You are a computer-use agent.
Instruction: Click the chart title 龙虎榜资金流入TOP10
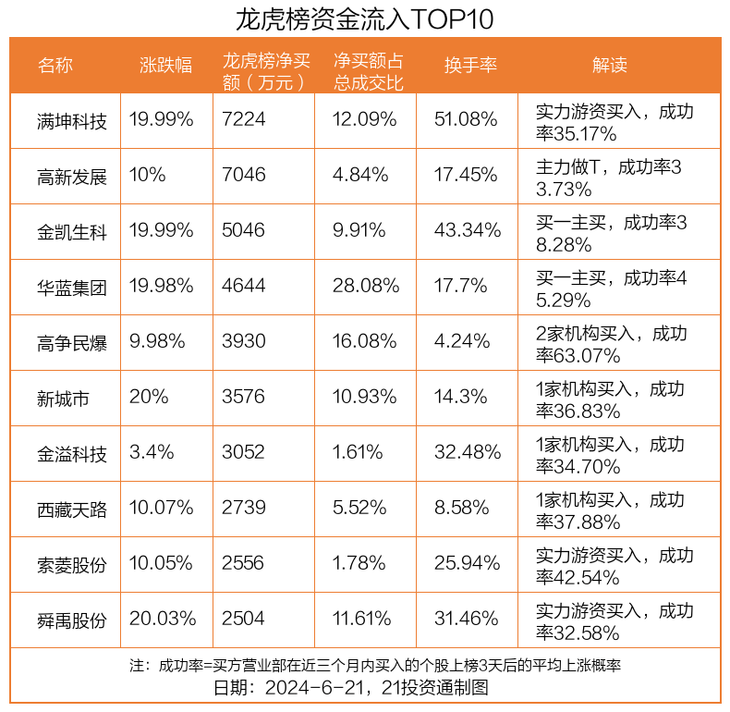click(364, 18)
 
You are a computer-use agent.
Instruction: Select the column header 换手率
click(470, 65)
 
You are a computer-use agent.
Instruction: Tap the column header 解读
click(609, 65)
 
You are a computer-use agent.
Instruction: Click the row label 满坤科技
click(72, 120)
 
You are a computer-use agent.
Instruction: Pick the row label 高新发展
click(72, 176)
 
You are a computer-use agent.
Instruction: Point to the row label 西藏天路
click(72, 509)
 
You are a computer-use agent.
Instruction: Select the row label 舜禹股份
click(72, 620)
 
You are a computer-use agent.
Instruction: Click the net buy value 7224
click(244, 120)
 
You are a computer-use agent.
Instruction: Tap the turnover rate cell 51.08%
click(466, 120)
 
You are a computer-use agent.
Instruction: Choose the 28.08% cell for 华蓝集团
click(365, 287)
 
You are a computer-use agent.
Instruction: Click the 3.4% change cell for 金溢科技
click(151, 453)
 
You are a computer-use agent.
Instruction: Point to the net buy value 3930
click(244, 342)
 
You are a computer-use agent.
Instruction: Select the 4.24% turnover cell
click(461, 342)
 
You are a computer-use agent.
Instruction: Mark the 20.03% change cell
click(163, 620)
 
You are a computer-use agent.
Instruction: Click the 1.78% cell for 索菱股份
click(359, 564)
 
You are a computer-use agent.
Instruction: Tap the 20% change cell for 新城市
click(149, 398)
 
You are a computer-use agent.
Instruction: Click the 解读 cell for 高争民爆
click(610, 343)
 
